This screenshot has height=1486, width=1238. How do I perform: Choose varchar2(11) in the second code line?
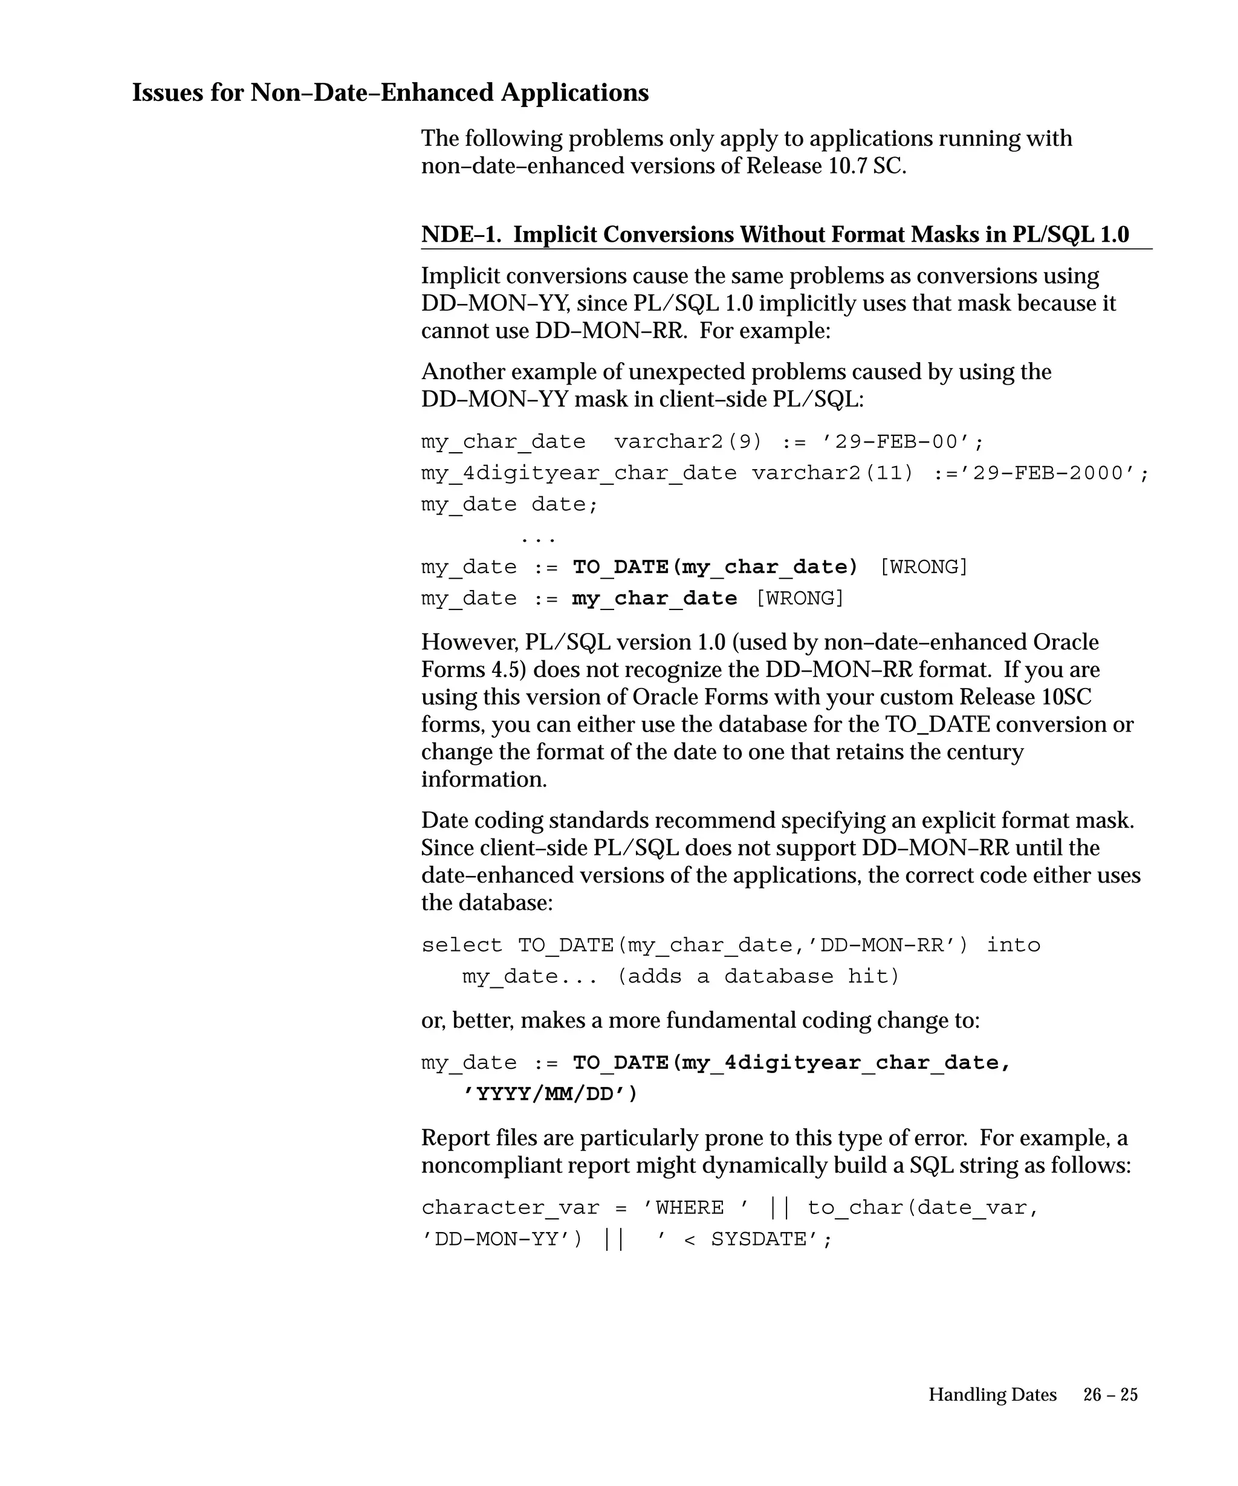832,473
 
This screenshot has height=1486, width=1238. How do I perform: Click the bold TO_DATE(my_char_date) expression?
715,567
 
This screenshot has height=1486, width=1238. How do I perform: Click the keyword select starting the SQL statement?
462,946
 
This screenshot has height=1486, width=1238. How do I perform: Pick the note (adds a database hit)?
759,976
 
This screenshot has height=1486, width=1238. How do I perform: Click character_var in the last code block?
510,1208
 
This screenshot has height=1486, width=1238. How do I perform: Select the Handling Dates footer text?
992,1394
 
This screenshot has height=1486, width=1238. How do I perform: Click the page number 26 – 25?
1110,1394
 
